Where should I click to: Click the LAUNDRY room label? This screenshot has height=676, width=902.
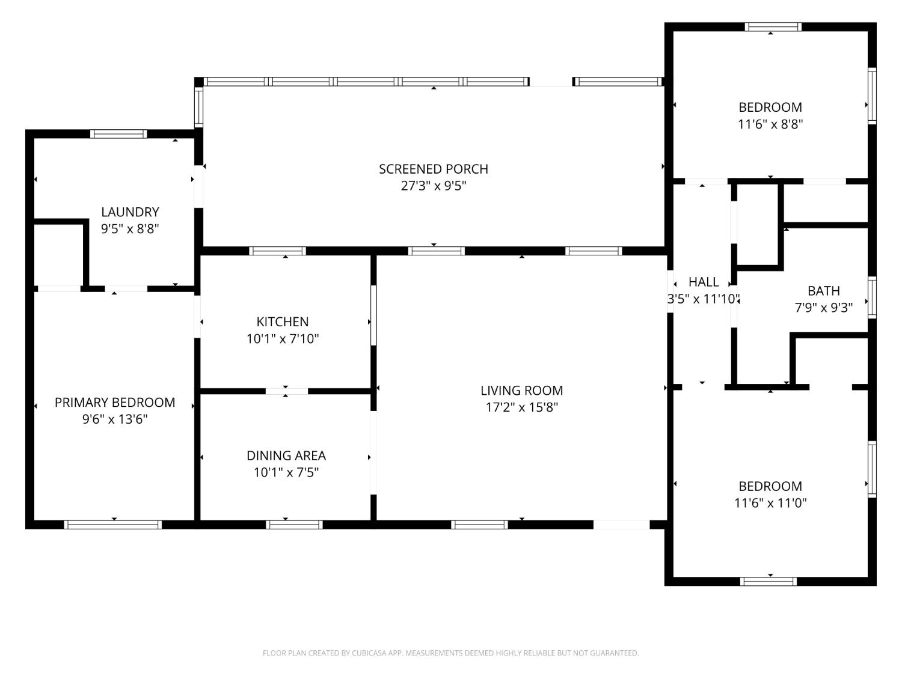(x=130, y=212)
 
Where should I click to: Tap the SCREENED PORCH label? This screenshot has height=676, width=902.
(x=433, y=169)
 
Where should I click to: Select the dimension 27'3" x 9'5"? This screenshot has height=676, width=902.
(x=433, y=186)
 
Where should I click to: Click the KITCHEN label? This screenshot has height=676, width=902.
(x=282, y=322)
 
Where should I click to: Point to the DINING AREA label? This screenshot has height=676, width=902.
(x=286, y=456)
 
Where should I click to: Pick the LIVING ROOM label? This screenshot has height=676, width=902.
(x=521, y=391)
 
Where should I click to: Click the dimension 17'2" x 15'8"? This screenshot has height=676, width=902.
(x=521, y=407)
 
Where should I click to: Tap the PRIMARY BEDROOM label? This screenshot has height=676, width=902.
(x=115, y=403)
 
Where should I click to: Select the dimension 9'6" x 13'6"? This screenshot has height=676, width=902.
(x=115, y=419)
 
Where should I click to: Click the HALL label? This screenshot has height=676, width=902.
(x=703, y=282)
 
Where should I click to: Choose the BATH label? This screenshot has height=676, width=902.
(x=823, y=291)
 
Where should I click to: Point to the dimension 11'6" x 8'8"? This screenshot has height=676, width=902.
(x=770, y=124)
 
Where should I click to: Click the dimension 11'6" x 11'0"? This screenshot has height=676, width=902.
(x=770, y=503)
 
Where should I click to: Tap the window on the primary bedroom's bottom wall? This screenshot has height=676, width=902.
(x=113, y=525)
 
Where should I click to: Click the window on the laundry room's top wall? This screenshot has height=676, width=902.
(x=118, y=134)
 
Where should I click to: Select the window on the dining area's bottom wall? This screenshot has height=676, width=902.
(x=294, y=525)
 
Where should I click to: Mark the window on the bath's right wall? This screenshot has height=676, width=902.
(x=872, y=297)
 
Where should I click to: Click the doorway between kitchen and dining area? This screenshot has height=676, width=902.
(x=286, y=391)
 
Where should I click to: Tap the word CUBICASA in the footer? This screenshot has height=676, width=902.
(x=368, y=653)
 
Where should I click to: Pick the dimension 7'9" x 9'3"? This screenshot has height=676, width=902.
(x=823, y=308)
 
